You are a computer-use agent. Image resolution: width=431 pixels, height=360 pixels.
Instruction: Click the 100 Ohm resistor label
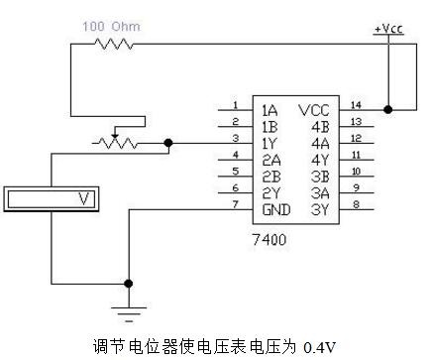pos(111,27)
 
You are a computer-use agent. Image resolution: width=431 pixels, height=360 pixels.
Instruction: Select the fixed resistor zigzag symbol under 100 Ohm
pos(114,44)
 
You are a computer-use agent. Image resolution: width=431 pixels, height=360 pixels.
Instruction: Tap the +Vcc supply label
pos(388,29)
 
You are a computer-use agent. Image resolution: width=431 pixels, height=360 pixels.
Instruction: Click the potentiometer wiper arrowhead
pos(114,136)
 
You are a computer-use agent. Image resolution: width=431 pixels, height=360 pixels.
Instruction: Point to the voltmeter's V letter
pos(84,198)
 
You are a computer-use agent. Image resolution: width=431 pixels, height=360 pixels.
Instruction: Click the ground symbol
pos(129,314)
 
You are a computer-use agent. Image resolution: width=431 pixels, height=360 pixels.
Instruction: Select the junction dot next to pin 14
pos(388,109)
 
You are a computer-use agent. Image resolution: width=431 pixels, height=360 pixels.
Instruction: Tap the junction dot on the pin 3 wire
pos(168,143)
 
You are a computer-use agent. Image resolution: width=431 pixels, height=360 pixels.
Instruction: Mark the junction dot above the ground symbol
pos(129,284)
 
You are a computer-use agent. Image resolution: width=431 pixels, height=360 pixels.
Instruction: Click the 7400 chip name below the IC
pos(269,239)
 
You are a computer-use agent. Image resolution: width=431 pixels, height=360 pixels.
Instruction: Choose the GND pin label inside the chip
pos(276,210)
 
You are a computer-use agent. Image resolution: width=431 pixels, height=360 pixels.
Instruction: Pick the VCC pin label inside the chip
pos(314,110)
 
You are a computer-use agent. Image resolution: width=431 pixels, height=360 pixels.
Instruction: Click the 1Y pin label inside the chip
pos(269,144)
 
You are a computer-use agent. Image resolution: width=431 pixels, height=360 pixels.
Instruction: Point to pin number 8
pos(356,204)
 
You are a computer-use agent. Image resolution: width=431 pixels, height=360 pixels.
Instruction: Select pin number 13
pos(356,122)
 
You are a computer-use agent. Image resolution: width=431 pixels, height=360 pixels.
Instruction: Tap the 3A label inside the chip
pos(320,193)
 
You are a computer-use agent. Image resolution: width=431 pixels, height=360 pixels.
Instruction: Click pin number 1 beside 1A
pos(236,105)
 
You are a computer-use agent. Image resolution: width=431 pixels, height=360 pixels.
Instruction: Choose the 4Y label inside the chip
pos(320,161)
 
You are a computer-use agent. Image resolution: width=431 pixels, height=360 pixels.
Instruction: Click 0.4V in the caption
pos(319,347)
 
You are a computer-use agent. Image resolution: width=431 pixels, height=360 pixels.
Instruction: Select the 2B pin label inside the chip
pos(271,177)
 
